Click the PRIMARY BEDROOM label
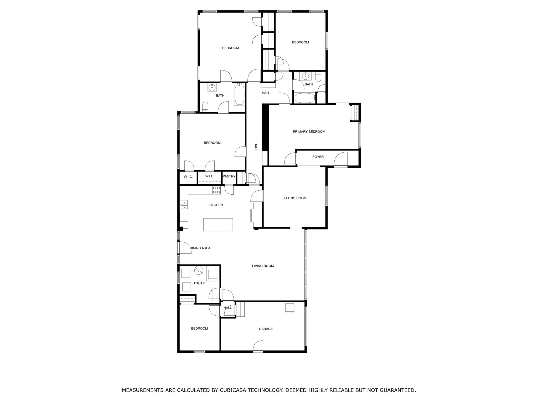click(x=309, y=132)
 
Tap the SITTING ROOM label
click(x=294, y=198)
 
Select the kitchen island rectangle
click(x=218, y=225)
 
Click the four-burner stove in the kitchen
click(x=216, y=190)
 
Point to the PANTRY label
click(x=229, y=176)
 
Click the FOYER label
click(x=318, y=157)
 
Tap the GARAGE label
click(x=266, y=329)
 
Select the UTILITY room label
click(x=199, y=283)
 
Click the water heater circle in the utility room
click(x=199, y=270)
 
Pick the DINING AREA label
click(x=200, y=248)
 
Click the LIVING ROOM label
click(x=263, y=266)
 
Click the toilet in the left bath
click(x=205, y=107)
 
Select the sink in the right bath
click(x=305, y=76)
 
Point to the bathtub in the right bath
click(x=305, y=98)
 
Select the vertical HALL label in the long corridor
click(x=255, y=147)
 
